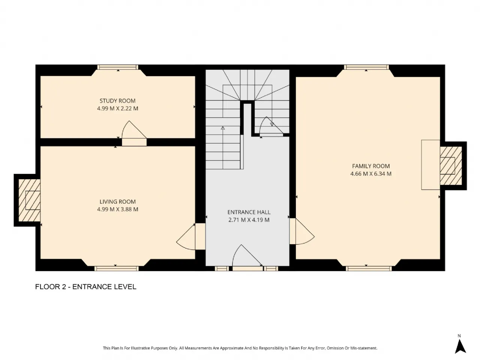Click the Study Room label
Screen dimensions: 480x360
[117, 101]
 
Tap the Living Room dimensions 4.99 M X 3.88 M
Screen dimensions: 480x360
[117, 209]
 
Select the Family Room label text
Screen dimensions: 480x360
[370, 166]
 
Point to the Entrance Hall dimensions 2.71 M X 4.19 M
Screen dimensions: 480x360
[249, 220]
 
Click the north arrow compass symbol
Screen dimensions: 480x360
[460, 346]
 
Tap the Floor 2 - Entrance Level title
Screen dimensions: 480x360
[86, 286]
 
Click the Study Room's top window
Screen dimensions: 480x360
[118, 67]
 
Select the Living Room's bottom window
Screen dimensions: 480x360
[117, 268]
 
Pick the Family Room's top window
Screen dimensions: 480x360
[366, 67]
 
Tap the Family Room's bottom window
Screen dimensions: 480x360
[369, 268]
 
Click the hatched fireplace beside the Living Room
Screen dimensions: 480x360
[29, 200]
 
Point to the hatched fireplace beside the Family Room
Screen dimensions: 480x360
[451, 166]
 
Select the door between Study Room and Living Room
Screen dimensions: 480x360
[134, 133]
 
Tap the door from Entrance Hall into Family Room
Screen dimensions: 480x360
[302, 231]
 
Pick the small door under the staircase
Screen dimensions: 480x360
[271, 127]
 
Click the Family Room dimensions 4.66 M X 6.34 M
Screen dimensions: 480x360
[370, 174]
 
